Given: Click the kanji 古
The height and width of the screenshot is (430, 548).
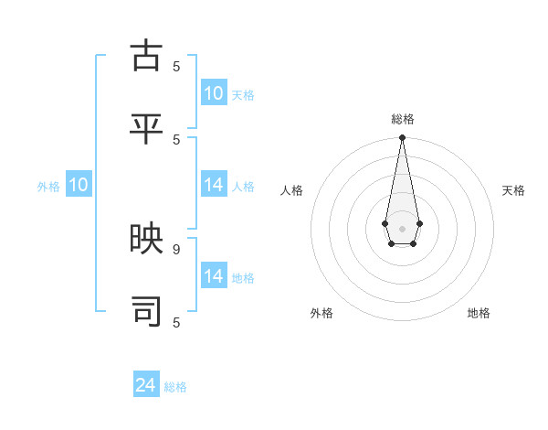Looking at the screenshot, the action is [147, 57].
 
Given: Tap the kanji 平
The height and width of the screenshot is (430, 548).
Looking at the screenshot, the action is [147, 129].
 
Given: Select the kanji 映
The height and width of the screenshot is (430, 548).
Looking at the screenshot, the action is [147, 240].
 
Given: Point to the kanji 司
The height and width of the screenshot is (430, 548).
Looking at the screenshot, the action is [147, 312].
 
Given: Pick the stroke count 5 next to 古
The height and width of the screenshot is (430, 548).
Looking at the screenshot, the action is [176, 66].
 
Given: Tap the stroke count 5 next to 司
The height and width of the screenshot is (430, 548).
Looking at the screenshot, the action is [176, 322].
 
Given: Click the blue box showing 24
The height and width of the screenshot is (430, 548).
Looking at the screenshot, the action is [146, 385].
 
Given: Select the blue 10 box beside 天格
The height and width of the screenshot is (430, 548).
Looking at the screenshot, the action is [214, 93].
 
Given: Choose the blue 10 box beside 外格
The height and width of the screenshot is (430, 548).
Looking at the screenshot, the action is [79, 185].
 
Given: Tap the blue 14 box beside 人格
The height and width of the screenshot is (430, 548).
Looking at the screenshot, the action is [214, 185].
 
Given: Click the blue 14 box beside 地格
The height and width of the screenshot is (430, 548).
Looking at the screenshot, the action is [214, 276].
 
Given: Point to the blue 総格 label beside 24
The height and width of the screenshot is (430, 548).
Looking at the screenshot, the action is [175, 387].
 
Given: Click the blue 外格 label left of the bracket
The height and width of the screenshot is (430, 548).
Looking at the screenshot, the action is [48, 187].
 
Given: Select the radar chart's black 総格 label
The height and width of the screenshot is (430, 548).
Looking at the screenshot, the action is [402, 119].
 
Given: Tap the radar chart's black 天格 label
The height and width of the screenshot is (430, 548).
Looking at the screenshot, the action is [513, 190].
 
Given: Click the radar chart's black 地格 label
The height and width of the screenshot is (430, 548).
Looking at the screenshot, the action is [479, 313].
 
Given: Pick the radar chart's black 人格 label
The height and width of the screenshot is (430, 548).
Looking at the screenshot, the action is [291, 190].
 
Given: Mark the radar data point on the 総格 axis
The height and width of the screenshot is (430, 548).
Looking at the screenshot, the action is [402, 137].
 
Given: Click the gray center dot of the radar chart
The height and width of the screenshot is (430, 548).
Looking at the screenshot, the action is [402, 228].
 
